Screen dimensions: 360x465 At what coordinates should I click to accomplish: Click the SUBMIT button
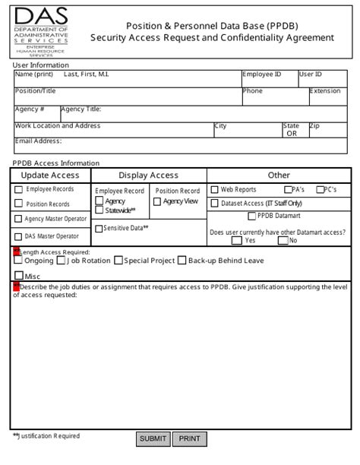coord(153,438)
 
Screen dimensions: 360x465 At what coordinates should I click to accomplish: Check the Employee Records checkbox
coord(18,190)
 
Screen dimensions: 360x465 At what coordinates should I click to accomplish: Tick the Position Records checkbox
coord(18,204)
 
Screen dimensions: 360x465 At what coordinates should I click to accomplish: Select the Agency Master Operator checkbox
coord(18,219)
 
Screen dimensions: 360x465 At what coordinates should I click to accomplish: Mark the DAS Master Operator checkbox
coord(18,236)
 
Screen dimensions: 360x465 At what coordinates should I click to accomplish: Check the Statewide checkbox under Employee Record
coord(99,210)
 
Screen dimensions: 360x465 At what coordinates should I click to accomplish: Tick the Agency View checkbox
coord(157,201)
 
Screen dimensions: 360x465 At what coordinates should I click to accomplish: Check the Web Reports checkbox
coord(215,190)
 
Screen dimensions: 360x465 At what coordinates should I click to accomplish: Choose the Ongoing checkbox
coord(18,261)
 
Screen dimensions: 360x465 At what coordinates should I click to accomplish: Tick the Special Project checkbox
coord(118,261)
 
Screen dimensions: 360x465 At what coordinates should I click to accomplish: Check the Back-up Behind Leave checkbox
coord(182,261)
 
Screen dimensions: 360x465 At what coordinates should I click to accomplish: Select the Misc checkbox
coord(18,276)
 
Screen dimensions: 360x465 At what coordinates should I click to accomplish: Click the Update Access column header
coord(49,175)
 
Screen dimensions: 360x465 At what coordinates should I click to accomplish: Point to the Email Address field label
coord(38,141)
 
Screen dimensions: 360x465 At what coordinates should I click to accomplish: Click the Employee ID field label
coord(262,74)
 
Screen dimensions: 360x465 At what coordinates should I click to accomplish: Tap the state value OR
coord(291,133)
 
